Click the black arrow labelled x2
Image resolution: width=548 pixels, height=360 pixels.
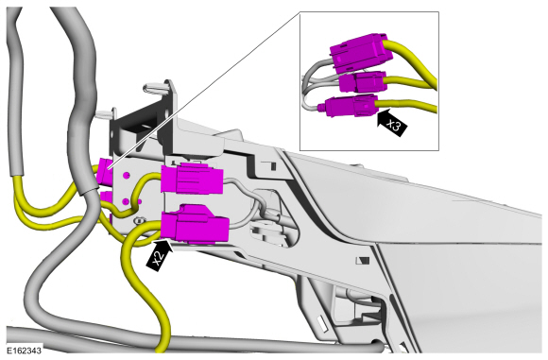160,254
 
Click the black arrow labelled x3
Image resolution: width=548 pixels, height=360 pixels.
392,122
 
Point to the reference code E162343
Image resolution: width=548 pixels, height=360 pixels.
25,351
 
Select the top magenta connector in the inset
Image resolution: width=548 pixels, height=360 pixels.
359,52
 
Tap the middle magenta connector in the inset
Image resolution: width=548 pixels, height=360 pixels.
363,83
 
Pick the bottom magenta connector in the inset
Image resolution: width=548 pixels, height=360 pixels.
351,105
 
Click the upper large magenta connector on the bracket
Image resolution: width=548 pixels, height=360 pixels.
192,179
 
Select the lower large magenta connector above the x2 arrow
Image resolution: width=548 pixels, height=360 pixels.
195,224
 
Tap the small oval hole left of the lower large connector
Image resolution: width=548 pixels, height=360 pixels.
140,220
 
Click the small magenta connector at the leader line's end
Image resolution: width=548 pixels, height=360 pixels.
105,171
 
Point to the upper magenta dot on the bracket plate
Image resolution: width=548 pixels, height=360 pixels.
127,175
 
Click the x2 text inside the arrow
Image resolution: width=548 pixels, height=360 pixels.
159,257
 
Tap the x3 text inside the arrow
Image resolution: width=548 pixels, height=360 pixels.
394,125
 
